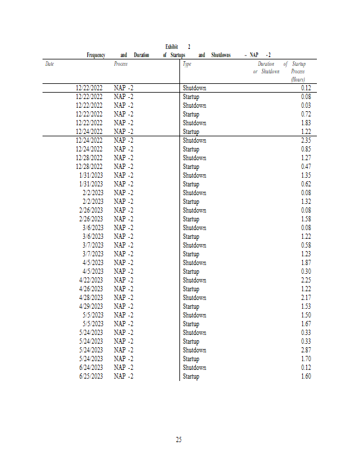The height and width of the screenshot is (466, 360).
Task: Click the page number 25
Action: point(179,439)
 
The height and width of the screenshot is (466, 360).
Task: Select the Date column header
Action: point(50,64)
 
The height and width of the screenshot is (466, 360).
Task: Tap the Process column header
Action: point(121,64)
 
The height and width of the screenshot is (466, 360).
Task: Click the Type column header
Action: point(187,64)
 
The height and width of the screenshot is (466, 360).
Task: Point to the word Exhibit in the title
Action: point(172,47)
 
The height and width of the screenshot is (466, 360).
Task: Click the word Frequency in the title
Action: point(96,55)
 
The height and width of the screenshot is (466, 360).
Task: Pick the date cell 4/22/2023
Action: point(91,280)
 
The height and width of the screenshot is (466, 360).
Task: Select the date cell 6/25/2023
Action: point(91,376)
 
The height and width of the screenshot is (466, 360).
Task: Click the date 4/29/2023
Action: point(91,306)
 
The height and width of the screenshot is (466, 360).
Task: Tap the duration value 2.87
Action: point(306,350)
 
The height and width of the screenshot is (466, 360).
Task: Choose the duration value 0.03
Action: point(306,105)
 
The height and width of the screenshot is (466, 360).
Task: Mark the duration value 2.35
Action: point(306,140)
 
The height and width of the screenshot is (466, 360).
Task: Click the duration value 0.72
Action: point(306,114)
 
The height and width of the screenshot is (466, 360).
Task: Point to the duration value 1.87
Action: point(306,263)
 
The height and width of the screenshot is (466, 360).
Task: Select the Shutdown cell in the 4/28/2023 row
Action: point(194,298)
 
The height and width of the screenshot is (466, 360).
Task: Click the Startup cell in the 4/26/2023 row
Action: point(191,289)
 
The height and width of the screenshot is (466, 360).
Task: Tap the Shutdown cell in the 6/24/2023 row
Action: point(194,368)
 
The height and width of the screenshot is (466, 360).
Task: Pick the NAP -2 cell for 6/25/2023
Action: point(123,376)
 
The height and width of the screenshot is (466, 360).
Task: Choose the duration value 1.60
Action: point(306,376)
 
